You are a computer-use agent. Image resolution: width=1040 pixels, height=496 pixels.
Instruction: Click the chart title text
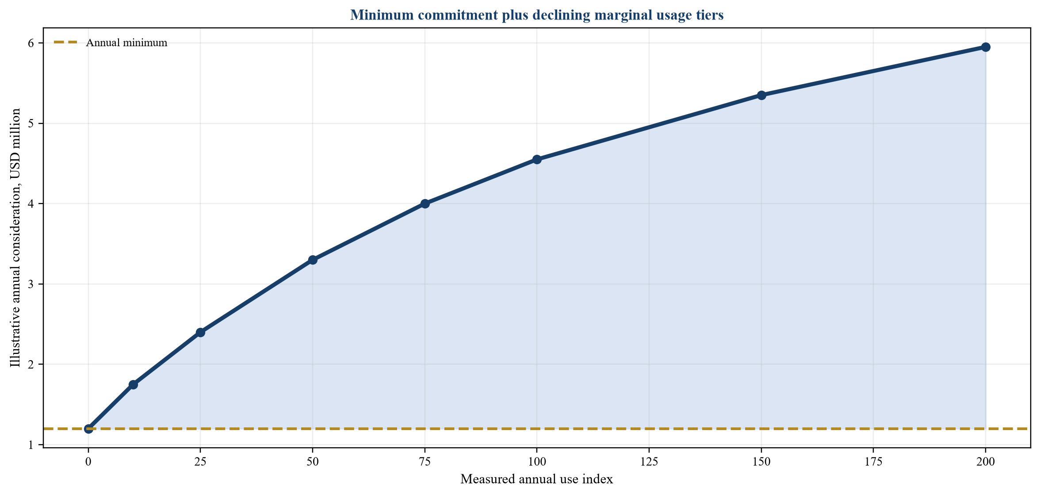537,15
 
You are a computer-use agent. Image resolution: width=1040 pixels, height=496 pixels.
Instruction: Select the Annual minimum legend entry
111,43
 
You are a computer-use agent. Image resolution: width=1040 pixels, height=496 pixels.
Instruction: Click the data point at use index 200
986,47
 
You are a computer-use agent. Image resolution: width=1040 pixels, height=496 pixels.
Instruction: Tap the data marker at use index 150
761,95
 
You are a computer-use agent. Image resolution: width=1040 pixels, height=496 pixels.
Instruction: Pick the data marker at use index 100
537,159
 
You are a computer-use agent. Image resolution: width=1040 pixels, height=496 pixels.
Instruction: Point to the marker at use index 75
425,204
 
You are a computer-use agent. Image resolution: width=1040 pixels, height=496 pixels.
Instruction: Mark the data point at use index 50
313,260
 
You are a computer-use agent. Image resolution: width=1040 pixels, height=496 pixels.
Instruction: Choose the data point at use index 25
200,332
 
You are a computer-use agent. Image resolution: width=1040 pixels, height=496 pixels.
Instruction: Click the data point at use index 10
133,384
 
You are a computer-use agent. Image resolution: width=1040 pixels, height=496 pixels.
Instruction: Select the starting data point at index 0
88,429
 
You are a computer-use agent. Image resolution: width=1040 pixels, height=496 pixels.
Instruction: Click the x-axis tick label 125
649,462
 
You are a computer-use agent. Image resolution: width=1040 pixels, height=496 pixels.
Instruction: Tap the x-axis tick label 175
873,462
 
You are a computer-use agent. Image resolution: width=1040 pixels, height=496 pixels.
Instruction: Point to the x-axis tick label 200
986,462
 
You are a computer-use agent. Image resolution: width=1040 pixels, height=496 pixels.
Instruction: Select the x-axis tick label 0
88,462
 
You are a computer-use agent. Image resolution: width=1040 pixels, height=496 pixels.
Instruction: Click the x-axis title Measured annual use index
537,479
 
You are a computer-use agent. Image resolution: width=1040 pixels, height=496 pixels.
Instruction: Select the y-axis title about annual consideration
15,238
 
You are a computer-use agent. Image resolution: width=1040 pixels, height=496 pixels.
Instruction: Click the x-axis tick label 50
313,462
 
